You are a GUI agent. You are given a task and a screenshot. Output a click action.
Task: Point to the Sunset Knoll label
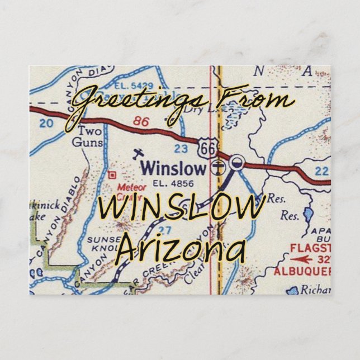pos(102,244)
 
